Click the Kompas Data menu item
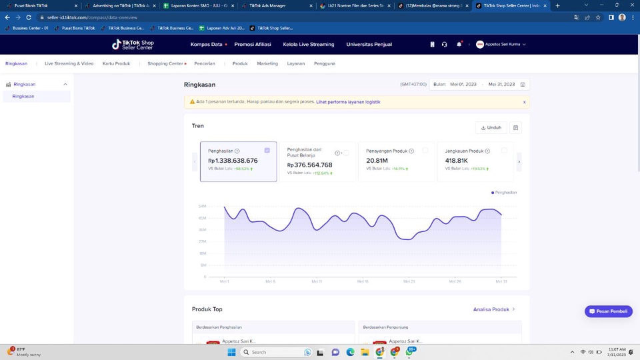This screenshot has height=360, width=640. [206, 45]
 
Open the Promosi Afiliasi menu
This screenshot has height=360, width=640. [253, 45]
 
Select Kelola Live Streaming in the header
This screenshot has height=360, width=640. [309, 45]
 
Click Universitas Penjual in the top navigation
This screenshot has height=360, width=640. [369, 45]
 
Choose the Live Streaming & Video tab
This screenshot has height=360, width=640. [69, 64]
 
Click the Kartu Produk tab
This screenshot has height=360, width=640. [116, 64]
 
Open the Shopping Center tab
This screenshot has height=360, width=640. [165, 64]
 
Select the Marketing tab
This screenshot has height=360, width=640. [267, 64]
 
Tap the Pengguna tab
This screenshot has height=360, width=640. [324, 64]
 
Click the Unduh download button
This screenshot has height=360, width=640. [491, 127]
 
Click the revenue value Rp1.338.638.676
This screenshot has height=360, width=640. [233, 161]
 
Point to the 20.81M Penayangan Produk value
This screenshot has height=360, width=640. [377, 161]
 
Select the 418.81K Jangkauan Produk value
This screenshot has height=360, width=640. [457, 161]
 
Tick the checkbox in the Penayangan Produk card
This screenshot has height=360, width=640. [425, 151]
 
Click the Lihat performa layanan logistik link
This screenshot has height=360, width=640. [348, 102]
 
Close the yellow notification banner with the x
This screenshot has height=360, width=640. [524, 102]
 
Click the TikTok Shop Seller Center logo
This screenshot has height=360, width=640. [133, 45]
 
